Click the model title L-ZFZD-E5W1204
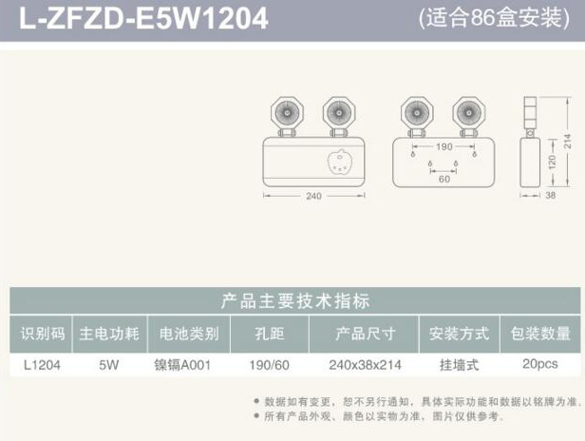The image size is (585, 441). point(143,18)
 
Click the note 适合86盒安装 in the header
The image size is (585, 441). point(495,17)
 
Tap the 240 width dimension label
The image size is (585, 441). point(313,196)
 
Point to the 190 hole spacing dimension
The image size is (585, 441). point(444,146)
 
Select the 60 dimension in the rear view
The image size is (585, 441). point(444,179)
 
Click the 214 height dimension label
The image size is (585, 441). point(568,141)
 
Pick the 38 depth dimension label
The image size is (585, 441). point(550,195)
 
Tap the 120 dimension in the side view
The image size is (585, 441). point(552,163)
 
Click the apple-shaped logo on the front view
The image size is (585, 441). point(340,163)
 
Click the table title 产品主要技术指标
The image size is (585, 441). point(295,301)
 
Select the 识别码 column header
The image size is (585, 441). point(43,334)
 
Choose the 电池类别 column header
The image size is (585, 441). point(189,334)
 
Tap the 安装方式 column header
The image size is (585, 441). point(459,334)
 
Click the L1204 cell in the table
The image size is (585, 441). point(42,365)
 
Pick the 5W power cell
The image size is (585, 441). point(109,365)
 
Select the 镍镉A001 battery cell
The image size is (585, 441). point(182,365)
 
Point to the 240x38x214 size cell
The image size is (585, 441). point(366,365)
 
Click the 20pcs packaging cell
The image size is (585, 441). point(540,364)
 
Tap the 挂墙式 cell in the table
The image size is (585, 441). point(459,365)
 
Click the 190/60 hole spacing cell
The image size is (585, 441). point(270,365)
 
